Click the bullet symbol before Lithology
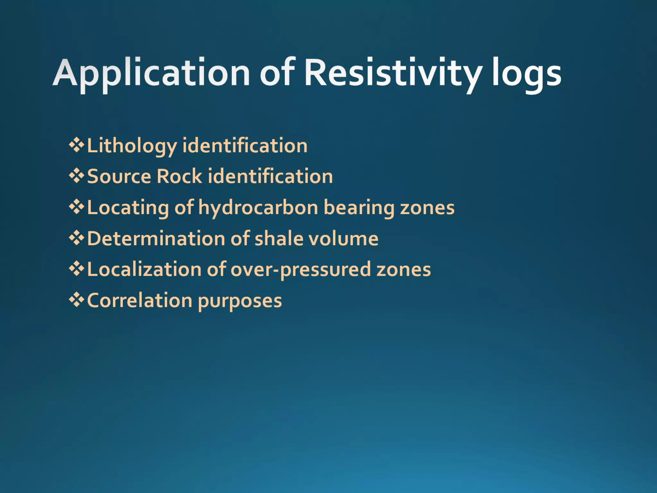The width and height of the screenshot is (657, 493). (x=76, y=145)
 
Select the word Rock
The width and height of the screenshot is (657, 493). (x=179, y=177)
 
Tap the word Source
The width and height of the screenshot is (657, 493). (x=119, y=177)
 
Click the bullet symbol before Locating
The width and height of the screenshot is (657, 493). (x=76, y=207)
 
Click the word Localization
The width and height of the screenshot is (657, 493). (x=144, y=270)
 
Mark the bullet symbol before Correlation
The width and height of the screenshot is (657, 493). (x=76, y=300)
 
